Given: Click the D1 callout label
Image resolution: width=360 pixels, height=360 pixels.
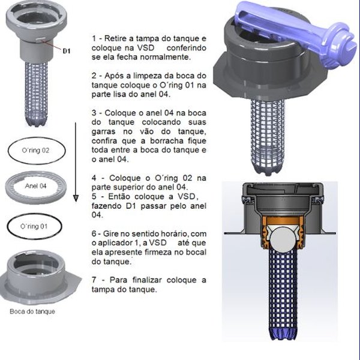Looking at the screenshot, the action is point(67,51).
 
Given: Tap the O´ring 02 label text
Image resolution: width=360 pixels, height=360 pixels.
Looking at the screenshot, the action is point(35,151).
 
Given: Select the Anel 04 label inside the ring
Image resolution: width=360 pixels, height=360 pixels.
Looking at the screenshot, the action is point(35,186).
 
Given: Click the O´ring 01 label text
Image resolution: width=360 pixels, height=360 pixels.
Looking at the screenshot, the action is point(34,227).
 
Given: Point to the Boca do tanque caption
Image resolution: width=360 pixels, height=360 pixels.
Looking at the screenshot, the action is point(32,311).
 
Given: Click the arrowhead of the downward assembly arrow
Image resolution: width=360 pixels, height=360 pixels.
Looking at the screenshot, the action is point(76,199).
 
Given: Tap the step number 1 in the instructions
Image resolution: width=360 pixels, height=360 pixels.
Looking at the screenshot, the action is point(94,38).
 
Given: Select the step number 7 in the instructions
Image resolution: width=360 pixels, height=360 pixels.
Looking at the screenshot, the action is point(94,280).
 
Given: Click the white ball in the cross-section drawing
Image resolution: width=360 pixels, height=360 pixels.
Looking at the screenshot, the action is point(283,239).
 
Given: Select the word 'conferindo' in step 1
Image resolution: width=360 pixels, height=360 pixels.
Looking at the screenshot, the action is point(187,48).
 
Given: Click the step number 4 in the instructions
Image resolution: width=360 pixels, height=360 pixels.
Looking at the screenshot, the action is point(94,178).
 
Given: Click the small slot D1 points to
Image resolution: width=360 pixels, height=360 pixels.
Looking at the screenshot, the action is point(40,40).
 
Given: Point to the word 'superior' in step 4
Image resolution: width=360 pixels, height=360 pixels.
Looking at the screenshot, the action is point(128,187).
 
